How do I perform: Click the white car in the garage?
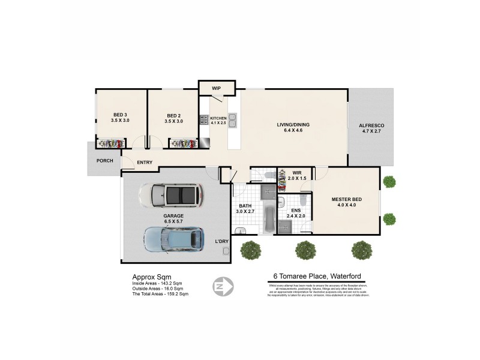click(170, 194)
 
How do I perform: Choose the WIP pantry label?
click(216, 88)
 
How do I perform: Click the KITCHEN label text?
click(218, 118)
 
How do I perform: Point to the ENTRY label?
click(145, 163)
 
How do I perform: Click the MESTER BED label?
click(347, 199)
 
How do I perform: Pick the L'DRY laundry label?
click(222, 241)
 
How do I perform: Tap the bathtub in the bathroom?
click(268, 220)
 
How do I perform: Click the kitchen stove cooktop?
click(204, 120)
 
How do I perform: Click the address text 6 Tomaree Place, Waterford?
click(314, 277)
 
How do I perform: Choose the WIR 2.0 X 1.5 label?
click(296, 175)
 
